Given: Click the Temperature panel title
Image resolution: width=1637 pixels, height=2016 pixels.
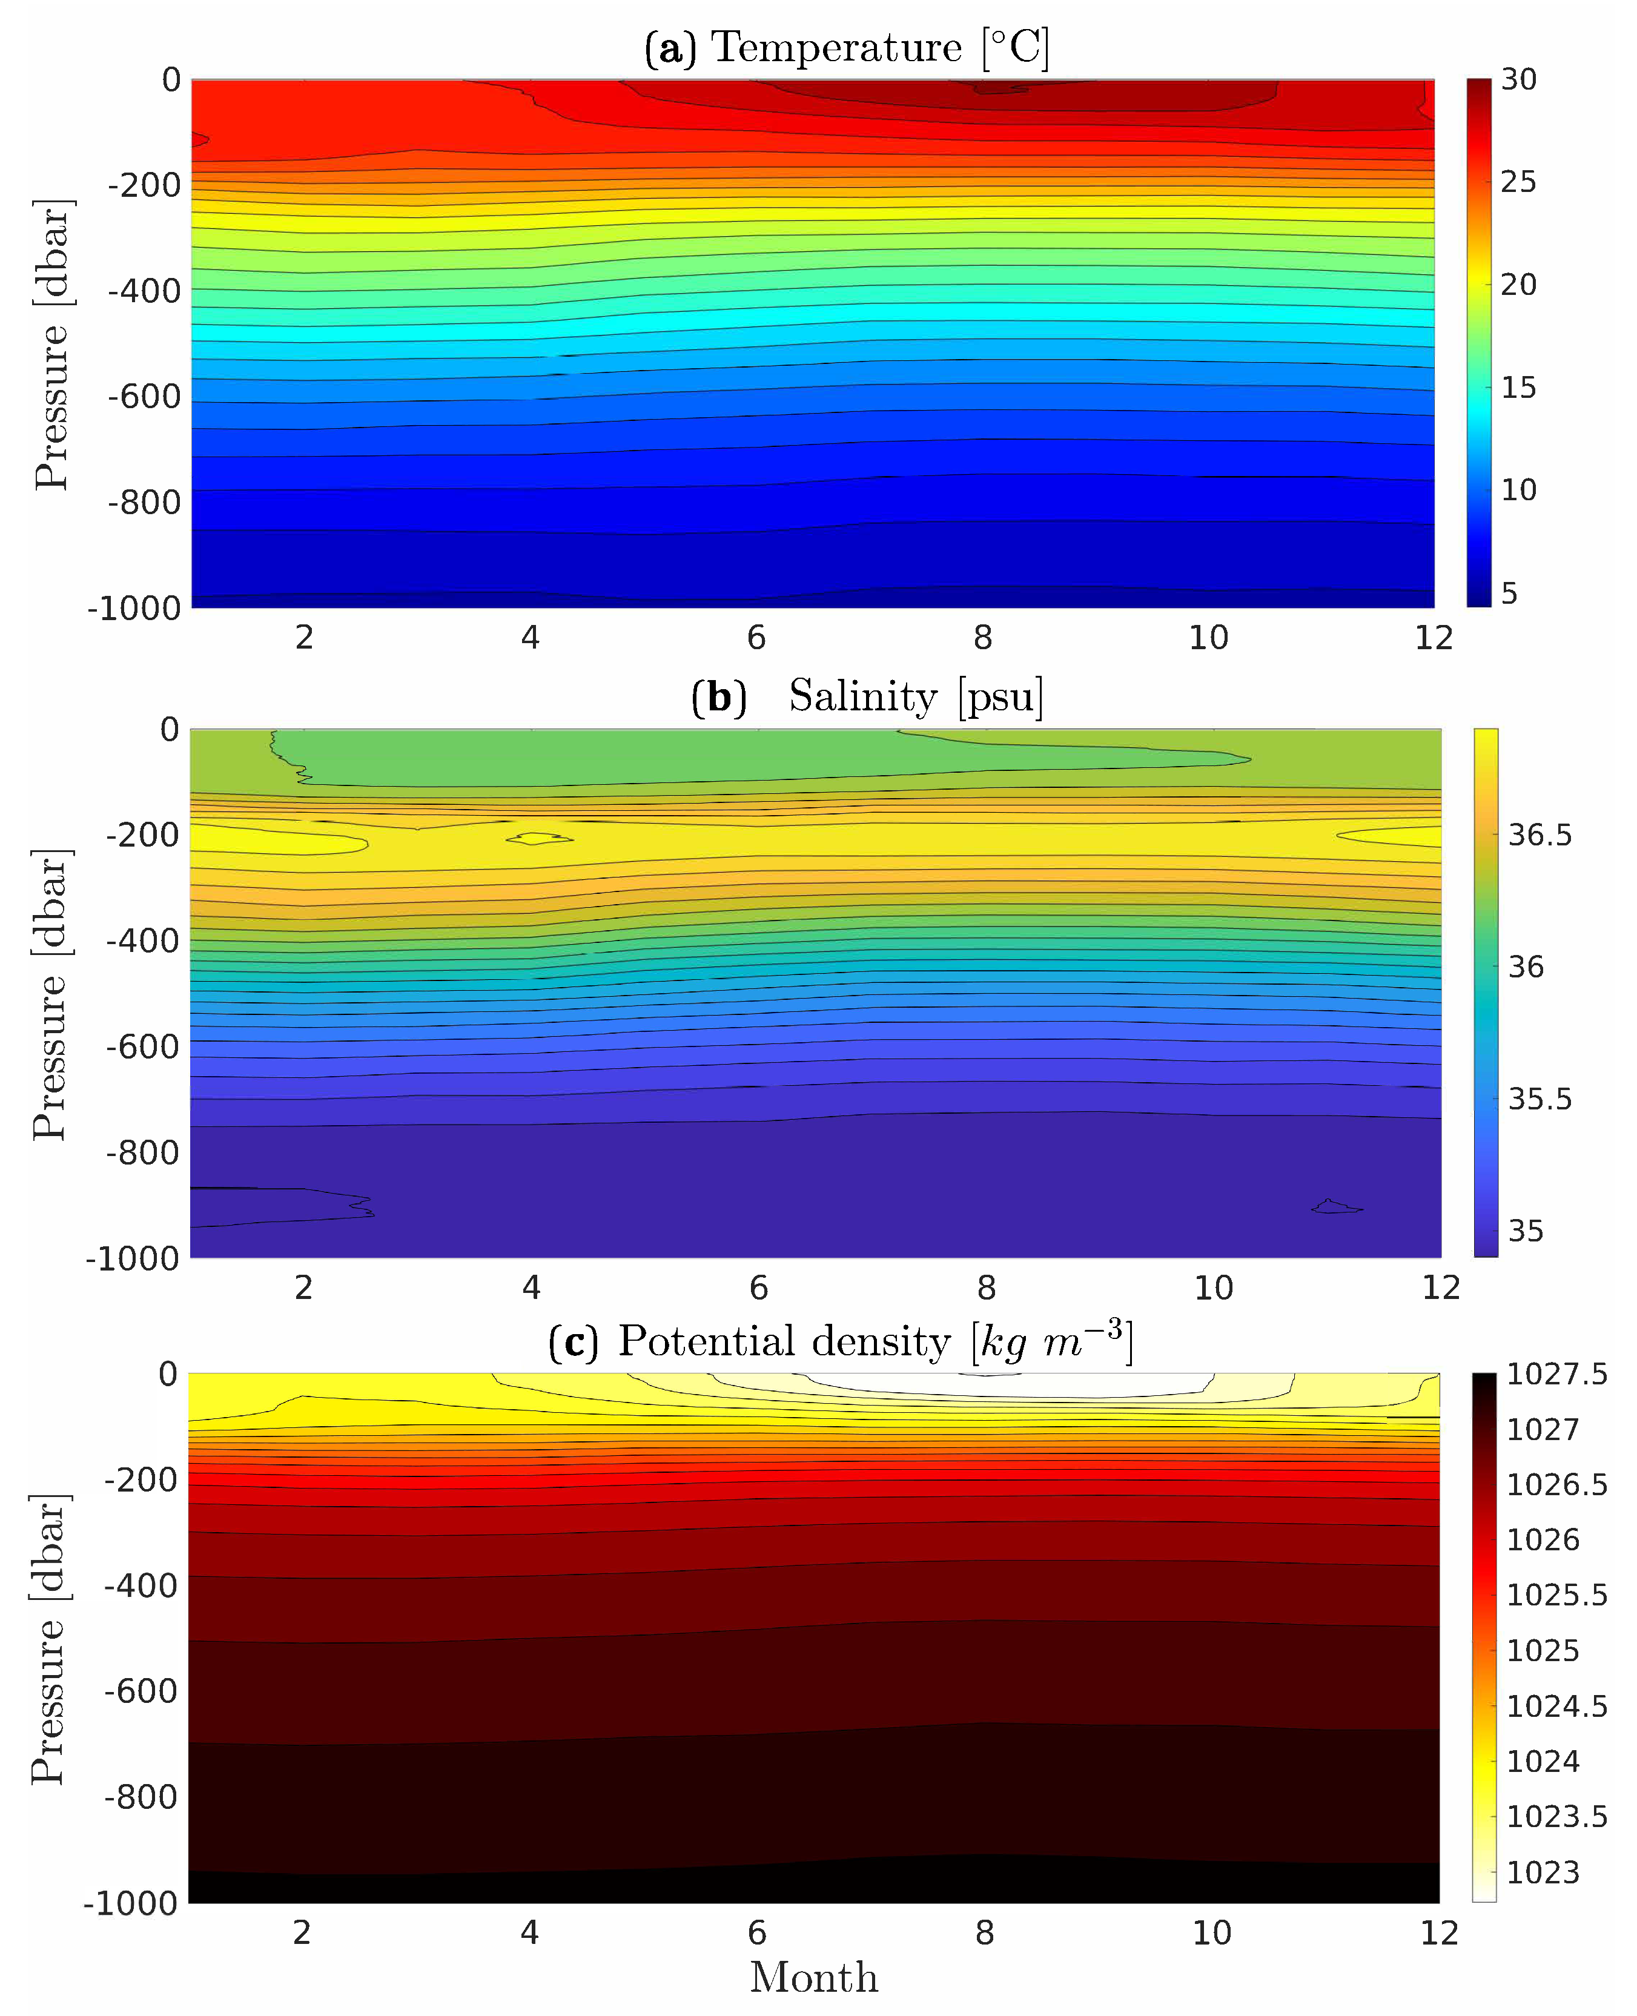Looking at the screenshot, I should pos(846,47).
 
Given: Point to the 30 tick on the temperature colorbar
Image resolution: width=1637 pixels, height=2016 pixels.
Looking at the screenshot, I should pos(1518,79).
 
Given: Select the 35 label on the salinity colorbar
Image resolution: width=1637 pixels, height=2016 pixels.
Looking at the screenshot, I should pos(1526,1231).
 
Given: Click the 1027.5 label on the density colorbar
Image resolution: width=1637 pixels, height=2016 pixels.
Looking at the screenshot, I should pos(1556,1374).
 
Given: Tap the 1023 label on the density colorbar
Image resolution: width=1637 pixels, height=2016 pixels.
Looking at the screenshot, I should pos(1543,1872).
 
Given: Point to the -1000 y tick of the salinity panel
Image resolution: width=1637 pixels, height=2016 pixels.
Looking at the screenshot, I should pos(132,1259).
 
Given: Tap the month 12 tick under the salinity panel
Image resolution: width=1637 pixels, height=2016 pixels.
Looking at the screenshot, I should pos(1440,1288).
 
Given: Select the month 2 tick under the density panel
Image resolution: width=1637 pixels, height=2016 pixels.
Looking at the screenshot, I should pos(302,1933).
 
